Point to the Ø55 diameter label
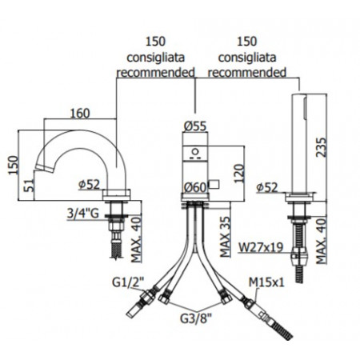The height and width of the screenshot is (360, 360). [196, 126]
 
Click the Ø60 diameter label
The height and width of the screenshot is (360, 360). [195, 187]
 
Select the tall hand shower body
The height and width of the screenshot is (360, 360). [302, 144]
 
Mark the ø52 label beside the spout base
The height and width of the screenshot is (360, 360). [91, 185]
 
